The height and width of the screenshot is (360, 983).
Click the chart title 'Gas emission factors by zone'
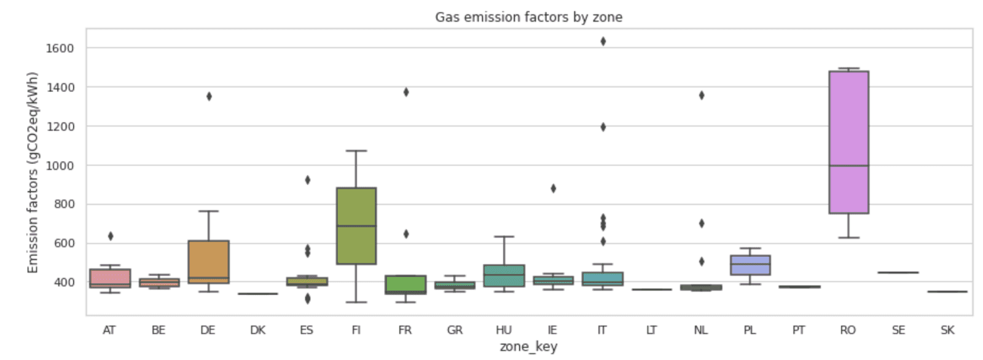click(528, 17)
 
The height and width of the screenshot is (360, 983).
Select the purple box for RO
click(848, 141)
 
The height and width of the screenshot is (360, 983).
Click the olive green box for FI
click(356, 225)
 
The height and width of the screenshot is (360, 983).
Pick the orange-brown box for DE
click(209, 261)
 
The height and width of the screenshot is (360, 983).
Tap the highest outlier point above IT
click(603, 41)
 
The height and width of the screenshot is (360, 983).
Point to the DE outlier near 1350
click(209, 96)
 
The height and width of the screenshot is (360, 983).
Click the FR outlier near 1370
click(405, 92)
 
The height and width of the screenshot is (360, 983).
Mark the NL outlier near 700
click(701, 223)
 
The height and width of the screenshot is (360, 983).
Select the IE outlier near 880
click(553, 189)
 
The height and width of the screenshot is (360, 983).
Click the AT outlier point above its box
click(111, 236)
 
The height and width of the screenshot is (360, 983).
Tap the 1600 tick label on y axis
click(60, 48)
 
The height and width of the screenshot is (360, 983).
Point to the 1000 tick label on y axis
click(60, 165)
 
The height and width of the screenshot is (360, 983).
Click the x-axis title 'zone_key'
click(528, 346)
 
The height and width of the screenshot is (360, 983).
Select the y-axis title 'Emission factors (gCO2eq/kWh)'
click(33, 173)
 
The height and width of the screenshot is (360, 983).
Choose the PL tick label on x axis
click(750, 330)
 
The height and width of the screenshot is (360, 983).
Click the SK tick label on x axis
click(947, 330)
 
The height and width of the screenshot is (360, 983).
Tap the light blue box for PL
click(750, 265)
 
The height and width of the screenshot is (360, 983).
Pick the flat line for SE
click(898, 272)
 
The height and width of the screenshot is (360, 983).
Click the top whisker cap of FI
click(356, 151)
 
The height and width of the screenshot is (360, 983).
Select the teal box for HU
click(504, 276)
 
